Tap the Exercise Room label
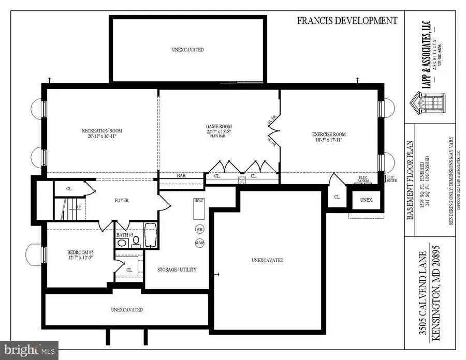coord(328,134)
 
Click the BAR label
coord(181,176)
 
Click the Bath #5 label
coord(125,235)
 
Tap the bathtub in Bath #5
coord(151,236)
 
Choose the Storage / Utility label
coord(177,269)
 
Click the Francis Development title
coord(347,21)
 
